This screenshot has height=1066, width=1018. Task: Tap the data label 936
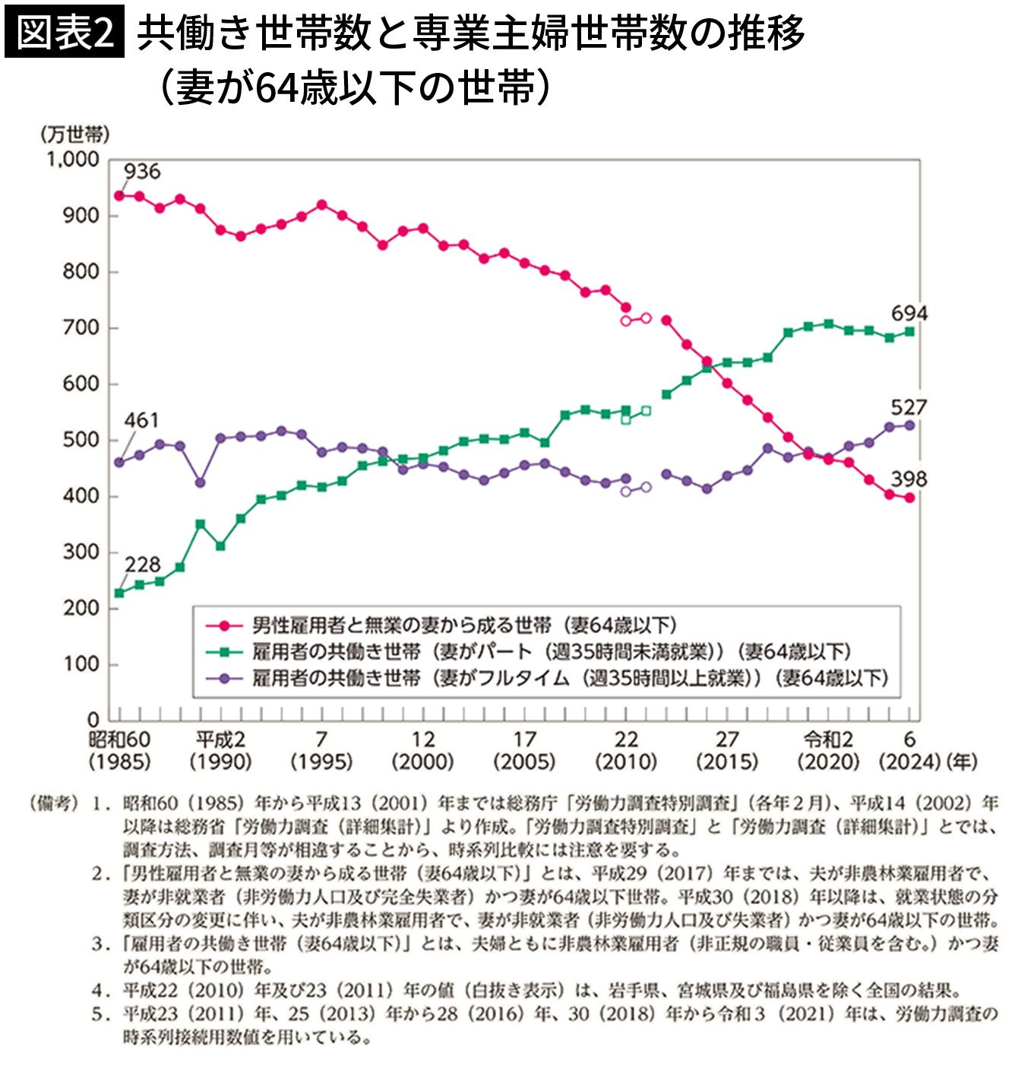pyautogui.click(x=142, y=172)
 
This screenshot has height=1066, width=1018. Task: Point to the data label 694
pyautogui.click(x=909, y=313)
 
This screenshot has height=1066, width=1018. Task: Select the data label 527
pyautogui.click(x=909, y=407)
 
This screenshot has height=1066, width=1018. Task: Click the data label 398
pyautogui.click(x=909, y=479)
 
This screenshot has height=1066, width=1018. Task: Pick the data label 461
pyautogui.click(x=141, y=420)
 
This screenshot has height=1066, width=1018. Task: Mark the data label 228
pyautogui.click(x=143, y=565)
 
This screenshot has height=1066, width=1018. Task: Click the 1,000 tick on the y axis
pyautogui.click(x=73, y=160)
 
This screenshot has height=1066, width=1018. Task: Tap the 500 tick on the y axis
pyautogui.click(x=81, y=440)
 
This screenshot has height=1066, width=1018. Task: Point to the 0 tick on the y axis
pyautogui.click(x=93, y=719)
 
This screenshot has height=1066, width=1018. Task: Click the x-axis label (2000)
pyautogui.click(x=423, y=761)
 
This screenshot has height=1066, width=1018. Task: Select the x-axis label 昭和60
pyautogui.click(x=119, y=739)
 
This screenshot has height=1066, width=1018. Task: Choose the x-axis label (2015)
pyautogui.click(x=727, y=761)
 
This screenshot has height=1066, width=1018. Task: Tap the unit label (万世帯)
pyautogui.click(x=74, y=134)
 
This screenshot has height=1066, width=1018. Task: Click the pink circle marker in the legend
pyautogui.click(x=223, y=625)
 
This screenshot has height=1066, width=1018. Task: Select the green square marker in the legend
pyautogui.click(x=223, y=651)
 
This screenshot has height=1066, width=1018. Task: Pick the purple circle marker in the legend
pyautogui.click(x=223, y=677)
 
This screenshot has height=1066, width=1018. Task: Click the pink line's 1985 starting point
pyautogui.click(x=119, y=195)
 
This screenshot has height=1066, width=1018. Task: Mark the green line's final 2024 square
pyautogui.click(x=909, y=332)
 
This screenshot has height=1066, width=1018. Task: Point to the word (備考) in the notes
pyautogui.click(x=53, y=803)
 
